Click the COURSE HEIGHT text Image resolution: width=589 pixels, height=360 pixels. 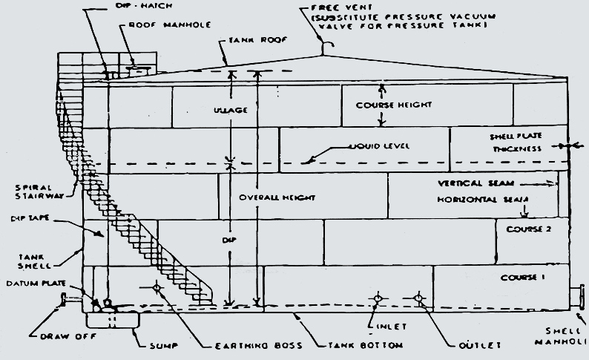pyautogui.click(x=404, y=105)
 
